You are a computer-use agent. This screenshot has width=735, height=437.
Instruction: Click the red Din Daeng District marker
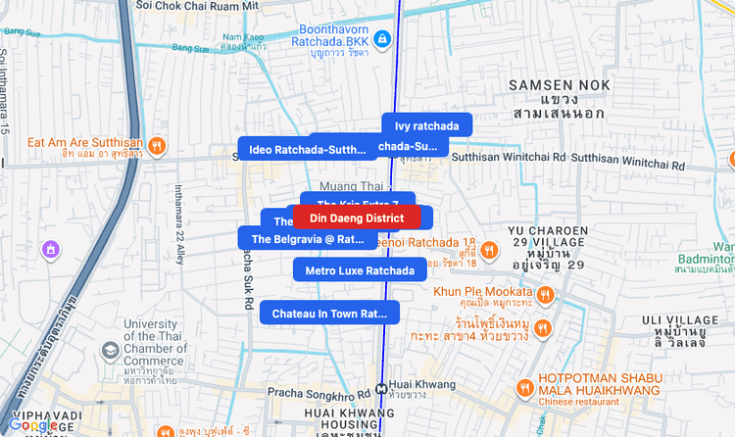pos(357,218)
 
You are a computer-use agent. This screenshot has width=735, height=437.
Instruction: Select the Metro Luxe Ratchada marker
pos(360,270)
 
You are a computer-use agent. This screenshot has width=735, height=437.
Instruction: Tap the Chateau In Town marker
pos(330,314)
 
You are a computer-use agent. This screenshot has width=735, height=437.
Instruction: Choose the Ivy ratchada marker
pos(426,125)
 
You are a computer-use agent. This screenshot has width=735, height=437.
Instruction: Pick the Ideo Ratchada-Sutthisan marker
pos(307,150)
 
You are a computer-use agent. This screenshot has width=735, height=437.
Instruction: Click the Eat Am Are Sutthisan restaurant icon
pos(157,147)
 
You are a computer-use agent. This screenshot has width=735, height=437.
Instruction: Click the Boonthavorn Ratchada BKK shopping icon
pos(384,39)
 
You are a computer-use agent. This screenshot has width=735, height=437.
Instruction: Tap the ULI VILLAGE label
pos(681,320)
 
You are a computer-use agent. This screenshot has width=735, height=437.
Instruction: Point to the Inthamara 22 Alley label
pos(178,224)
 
